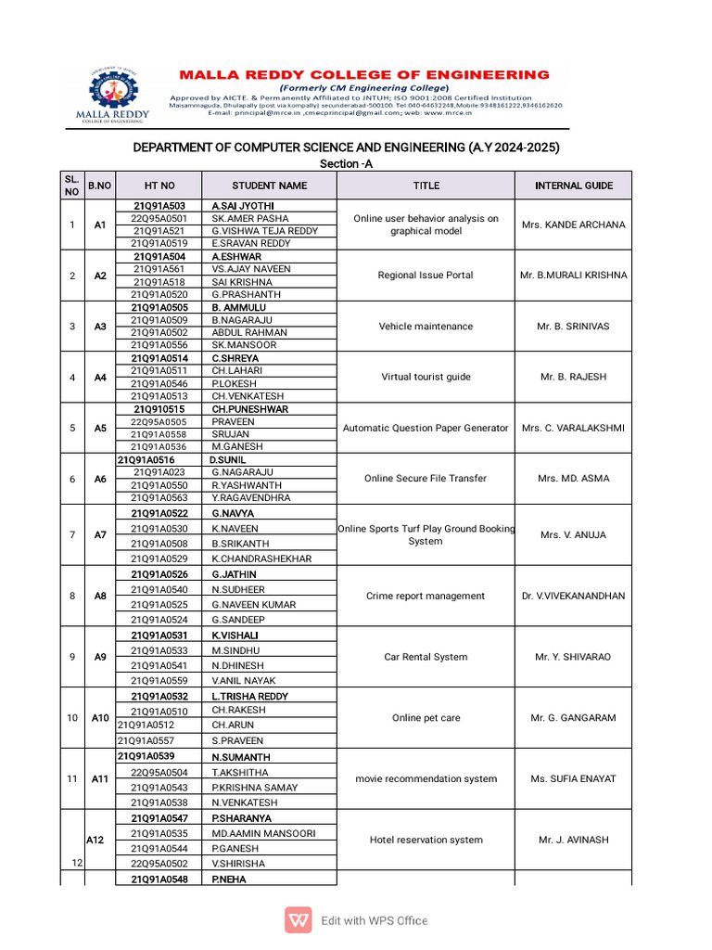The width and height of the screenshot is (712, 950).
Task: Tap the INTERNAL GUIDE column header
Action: click(573, 186)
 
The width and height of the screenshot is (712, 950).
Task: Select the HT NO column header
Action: click(159, 186)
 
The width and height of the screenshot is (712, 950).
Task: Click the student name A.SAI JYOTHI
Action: click(243, 206)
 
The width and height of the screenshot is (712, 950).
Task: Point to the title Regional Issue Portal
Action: click(426, 276)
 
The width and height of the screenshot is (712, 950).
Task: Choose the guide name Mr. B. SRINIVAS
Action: click(573, 327)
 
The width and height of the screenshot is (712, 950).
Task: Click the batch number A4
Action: click(100, 378)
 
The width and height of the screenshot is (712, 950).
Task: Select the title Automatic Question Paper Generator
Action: click(426, 429)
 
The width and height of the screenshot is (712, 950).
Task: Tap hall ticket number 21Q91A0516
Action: click(146, 459)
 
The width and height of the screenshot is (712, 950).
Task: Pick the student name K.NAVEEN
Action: click(235, 529)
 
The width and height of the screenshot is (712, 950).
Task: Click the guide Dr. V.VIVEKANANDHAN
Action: click(573, 597)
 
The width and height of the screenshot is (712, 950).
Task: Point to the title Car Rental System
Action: click(426, 657)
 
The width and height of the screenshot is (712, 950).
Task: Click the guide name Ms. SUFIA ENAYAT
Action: click(573, 779)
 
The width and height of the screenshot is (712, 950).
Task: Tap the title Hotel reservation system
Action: click(426, 841)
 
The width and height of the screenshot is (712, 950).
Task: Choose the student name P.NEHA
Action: click(229, 879)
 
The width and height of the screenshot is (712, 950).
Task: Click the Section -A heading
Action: click(346, 164)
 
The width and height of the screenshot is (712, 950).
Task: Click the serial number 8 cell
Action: click(72, 596)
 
